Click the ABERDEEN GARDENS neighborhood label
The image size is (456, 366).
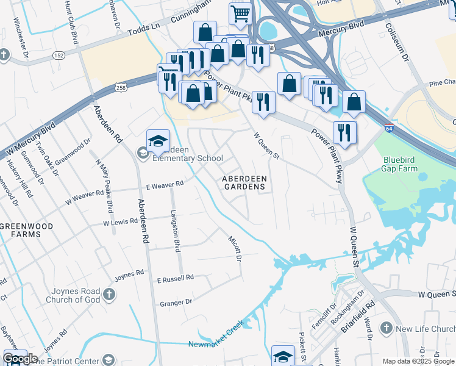point(244,182)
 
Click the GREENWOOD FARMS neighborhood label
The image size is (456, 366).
point(26,230)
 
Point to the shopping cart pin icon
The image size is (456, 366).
point(241,13)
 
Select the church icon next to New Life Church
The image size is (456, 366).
point(385,329)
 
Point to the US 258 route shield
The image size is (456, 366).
point(122,88)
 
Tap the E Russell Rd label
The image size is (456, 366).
point(175,278)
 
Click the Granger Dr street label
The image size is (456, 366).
point(176,301)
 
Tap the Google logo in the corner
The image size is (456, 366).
point(20,358)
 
